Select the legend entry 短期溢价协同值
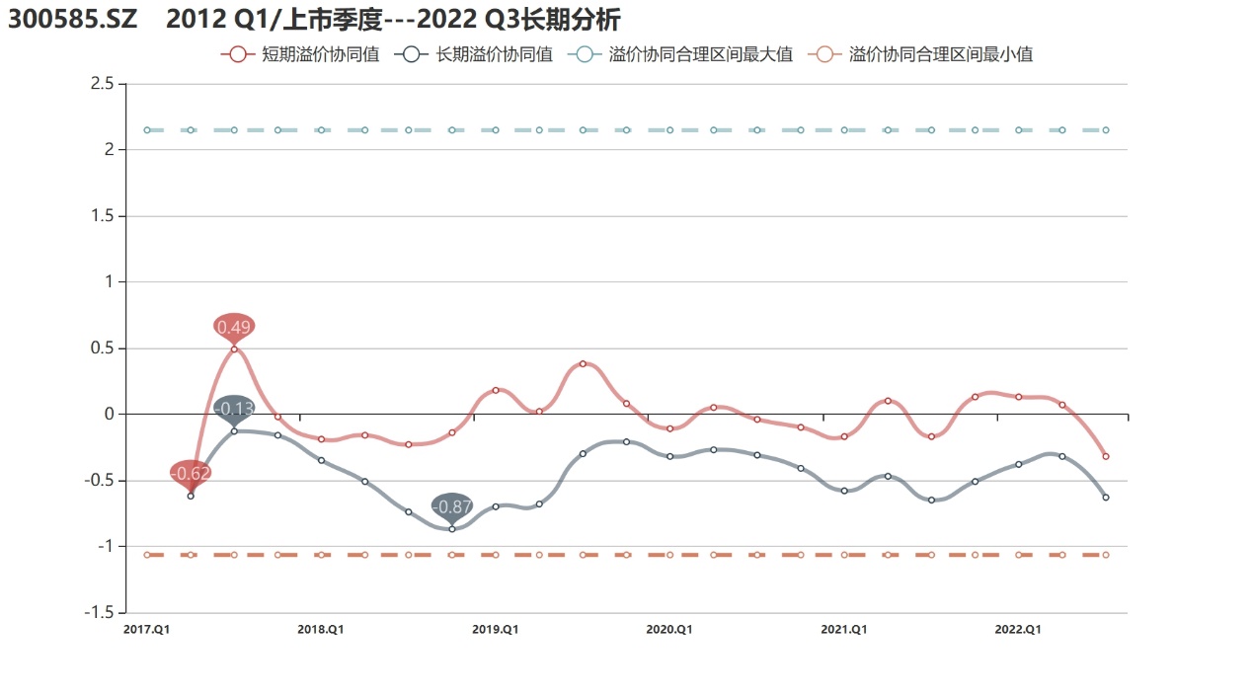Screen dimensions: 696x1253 click(301, 54)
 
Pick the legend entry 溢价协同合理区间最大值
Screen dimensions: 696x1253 click(681, 54)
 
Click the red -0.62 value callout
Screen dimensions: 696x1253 click(191, 474)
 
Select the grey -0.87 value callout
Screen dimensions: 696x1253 click(452, 506)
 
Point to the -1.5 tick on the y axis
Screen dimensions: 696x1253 click(99, 612)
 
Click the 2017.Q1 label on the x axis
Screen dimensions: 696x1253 click(146, 629)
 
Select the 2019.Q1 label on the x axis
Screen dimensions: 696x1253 click(496, 629)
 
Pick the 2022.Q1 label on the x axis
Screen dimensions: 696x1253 click(1018, 629)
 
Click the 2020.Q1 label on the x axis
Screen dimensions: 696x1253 click(669, 629)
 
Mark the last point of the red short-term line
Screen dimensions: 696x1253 click(1106, 456)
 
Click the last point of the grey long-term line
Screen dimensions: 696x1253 click(1106, 498)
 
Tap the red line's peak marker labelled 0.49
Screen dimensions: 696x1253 click(234, 348)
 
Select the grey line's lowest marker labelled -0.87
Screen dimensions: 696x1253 click(452, 529)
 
